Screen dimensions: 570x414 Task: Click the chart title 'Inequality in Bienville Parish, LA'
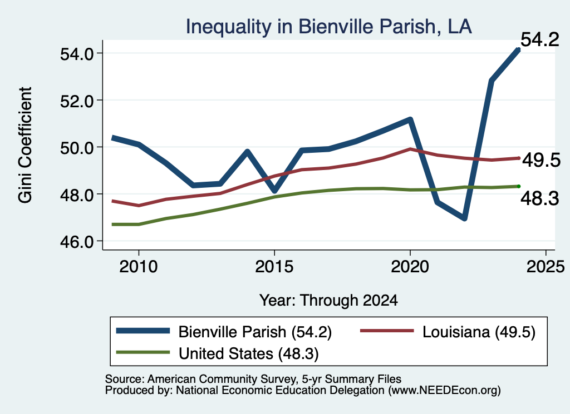328,27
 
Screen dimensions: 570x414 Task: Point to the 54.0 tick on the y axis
77,54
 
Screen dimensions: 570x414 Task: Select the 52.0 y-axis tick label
77,101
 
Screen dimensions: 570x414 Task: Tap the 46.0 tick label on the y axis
77,242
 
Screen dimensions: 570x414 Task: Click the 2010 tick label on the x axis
139,267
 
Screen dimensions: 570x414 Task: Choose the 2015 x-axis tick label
274,267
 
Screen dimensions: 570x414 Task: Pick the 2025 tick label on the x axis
546,267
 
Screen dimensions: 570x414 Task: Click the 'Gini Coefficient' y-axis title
25,145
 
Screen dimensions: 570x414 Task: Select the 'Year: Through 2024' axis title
328,301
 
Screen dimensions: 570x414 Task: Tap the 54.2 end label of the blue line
540,39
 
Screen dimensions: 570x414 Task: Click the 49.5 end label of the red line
541,160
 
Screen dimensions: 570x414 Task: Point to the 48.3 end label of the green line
540,198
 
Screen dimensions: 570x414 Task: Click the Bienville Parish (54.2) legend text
255,332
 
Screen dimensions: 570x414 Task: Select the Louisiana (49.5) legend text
479,332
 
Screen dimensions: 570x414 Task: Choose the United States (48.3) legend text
249,354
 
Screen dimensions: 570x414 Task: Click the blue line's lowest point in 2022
464,218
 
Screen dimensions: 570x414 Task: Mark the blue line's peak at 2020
410,119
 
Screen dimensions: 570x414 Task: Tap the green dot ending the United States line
519,187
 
